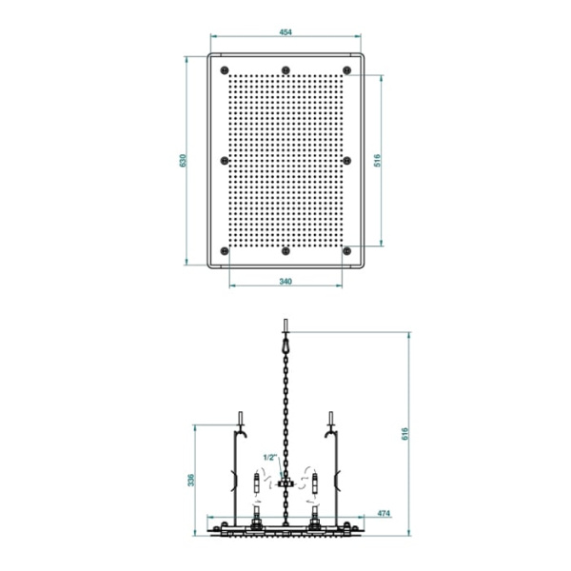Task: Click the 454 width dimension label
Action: pyautogui.click(x=285, y=32)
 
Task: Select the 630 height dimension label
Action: pyautogui.click(x=183, y=161)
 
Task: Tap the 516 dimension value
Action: pyautogui.click(x=377, y=161)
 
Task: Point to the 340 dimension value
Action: pyautogui.click(x=285, y=281)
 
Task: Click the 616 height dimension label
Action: pyautogui.click(x=405, y=434)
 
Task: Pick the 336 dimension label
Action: pyautogui.click(x=191, y=480)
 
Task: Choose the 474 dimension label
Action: pyautogui.click(x=384, y=514)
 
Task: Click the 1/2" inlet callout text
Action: pyautogui.click(x=270, y=458)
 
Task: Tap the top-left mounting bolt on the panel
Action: pyautogui.click(x=225, y=69)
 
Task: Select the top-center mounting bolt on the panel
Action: pyautogui.click(x=285, y=69)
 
